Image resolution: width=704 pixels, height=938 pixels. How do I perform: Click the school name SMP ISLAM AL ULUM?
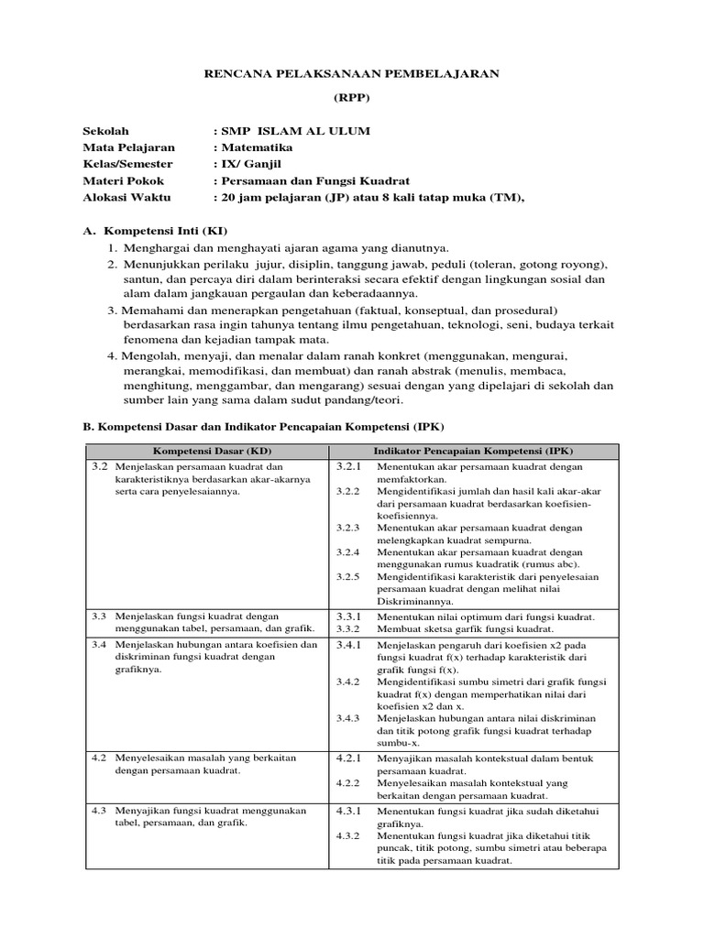pos(294,131)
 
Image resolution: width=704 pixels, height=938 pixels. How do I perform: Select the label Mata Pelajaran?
pos(128,147)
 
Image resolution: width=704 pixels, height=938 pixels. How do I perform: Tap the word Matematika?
pos(256,147)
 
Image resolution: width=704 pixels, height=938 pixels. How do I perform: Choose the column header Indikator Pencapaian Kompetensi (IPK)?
pos(474,452)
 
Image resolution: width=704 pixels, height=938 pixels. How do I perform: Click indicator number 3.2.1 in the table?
pos(349,466)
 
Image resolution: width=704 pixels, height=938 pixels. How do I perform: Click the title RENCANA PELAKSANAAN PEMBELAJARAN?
pos(351,73)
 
